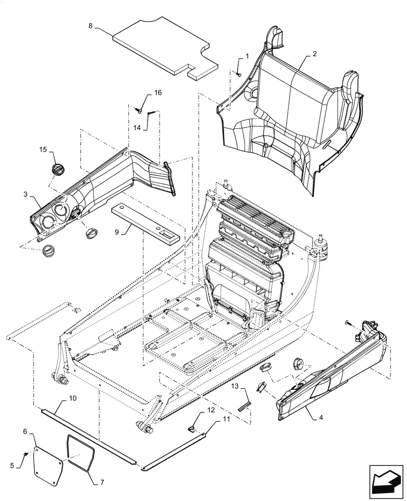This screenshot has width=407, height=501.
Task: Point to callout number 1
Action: click(246, 57)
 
